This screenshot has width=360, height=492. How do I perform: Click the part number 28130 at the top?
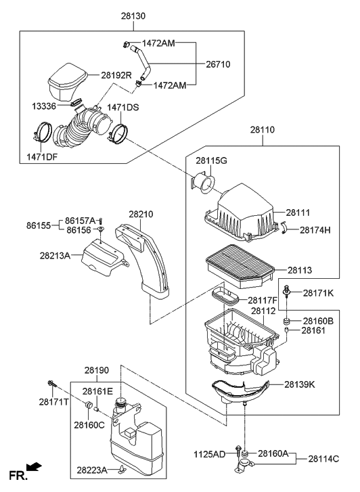[133, 15]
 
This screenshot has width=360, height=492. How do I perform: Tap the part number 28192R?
[116, 75]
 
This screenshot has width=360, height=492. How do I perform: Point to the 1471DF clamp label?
[43, 157]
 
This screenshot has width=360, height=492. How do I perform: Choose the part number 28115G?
[212, 160]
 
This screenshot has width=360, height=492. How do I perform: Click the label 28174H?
[315, 230]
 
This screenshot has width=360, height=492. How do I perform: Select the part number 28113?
[300, 270]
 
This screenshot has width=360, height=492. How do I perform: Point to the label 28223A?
[91, 469]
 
